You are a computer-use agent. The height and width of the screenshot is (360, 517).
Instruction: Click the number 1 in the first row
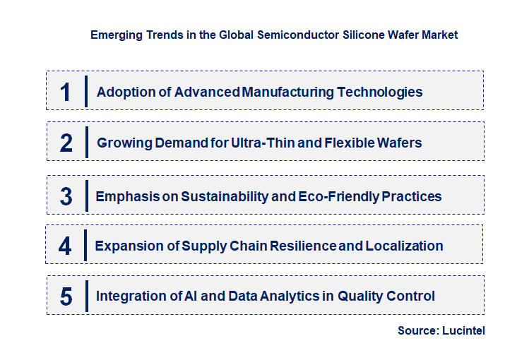click(66, 91)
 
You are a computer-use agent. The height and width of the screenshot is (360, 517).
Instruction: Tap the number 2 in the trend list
click(66, 143)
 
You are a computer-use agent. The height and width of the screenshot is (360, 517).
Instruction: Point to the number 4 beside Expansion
click(65, 246)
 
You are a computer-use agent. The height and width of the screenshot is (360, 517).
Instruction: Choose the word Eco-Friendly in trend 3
click(338, 196)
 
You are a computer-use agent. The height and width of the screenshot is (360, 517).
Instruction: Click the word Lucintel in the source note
click(465, 330)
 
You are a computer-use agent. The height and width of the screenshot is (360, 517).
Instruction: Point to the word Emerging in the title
click(115, 35)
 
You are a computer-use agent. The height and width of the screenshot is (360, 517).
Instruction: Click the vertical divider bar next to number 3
click(85, 196)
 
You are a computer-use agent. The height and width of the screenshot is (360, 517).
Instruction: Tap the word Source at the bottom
click(417, 330)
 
